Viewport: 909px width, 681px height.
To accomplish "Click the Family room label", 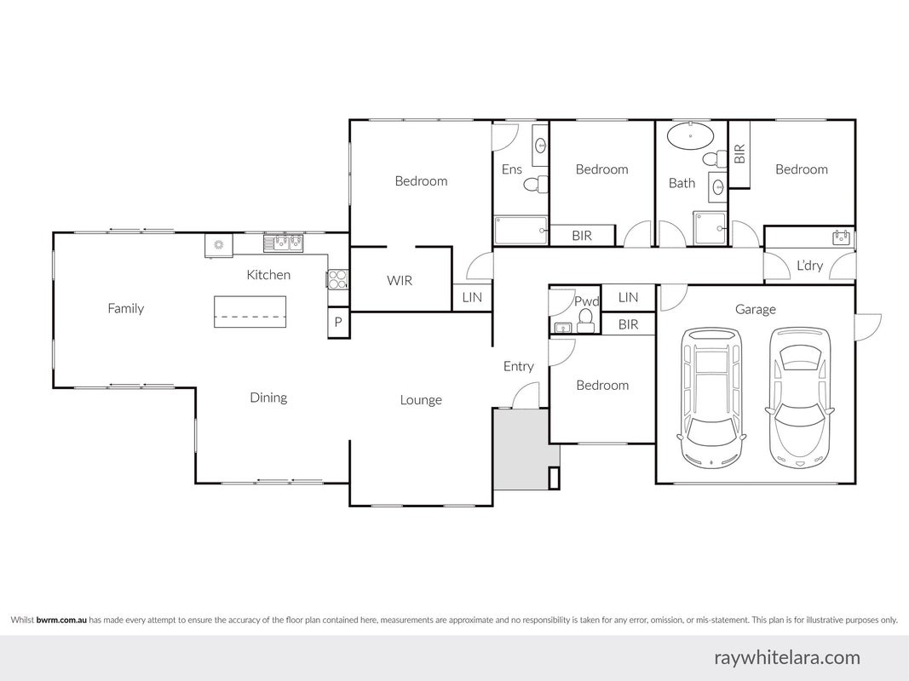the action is coord(126,309).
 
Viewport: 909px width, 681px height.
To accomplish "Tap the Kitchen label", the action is coord(268,274).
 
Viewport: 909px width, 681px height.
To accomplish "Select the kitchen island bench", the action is coord(250,312).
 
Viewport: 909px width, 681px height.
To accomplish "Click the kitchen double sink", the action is coord(284,242).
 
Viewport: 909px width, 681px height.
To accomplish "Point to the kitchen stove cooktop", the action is coord(337,280).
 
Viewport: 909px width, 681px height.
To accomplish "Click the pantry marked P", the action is coord(338,322).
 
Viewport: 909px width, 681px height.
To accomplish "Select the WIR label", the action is coord(400,281).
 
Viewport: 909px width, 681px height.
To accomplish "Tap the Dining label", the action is coord(268,398).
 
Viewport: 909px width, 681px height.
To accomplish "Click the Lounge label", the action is coord(421,400).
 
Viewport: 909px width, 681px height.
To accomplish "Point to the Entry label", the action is coord(518,367).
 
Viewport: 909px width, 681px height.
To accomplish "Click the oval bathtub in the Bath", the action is coord(690,136).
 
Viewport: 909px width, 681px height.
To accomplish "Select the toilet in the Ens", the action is coord(536,184).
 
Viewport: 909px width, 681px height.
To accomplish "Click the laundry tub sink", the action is coord(841,237).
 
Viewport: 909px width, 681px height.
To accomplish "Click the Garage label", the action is coord(756,310).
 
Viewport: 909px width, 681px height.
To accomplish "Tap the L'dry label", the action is coord(810,266).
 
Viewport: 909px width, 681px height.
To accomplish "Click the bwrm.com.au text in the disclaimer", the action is coord(61,620).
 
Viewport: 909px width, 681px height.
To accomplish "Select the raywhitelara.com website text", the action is coord(787,658).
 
